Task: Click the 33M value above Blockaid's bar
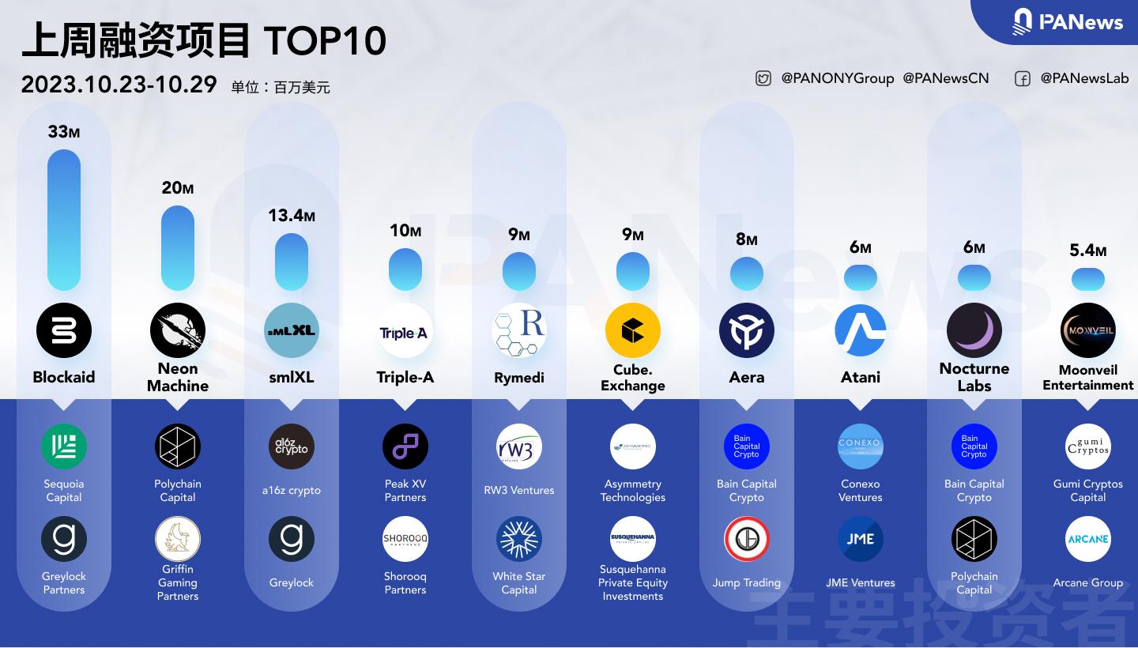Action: coord(64,132)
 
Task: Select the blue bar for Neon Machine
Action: coord(178,248)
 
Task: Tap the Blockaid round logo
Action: coord(64,330)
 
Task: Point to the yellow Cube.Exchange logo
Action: coord(633,330)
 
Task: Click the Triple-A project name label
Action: coord(405,377)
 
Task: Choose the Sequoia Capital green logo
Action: coord(64,446)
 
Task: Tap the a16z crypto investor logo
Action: coord(292,446)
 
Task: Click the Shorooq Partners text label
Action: coord(405,583)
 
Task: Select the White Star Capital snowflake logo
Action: coord(519,539)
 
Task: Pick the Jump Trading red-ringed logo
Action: coord(747,539)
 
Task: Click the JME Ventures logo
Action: coord(861,539)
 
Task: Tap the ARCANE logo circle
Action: coord(1088,539)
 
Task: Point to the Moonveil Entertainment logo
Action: coord(1088,330)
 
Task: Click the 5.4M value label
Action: coord(1088,251)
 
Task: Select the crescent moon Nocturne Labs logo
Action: coord(974,330)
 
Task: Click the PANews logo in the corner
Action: coord(1068,21)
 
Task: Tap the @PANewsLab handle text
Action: coord(1084,78)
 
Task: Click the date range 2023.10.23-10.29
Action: coord(119,85)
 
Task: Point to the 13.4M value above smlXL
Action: coord(292,215)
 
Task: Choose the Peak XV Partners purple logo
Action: coord(405,446)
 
